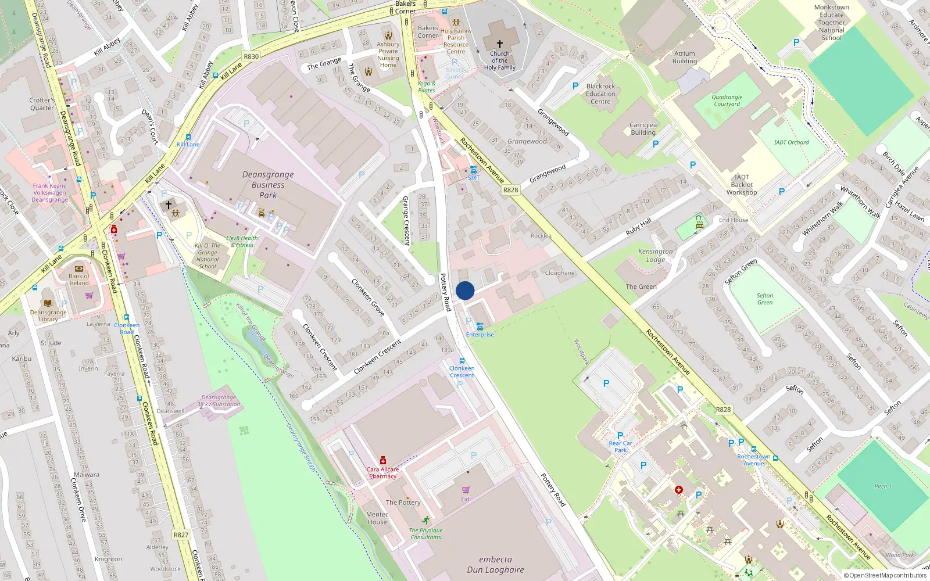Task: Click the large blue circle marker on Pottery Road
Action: [465, 290]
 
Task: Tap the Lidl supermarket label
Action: [466, 499]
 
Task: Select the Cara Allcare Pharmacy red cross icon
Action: [382, 460]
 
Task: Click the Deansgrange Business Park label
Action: [268, 185]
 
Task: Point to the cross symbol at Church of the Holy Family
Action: [499, 44]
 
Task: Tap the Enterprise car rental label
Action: [480, 335]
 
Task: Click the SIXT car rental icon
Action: [474, 170]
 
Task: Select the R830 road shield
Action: [251, 56]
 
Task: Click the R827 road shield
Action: [181, 535]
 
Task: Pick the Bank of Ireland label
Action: [79, 279]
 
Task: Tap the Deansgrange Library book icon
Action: [48, 303]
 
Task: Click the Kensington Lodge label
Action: [656, 256]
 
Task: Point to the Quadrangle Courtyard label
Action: [727, 101]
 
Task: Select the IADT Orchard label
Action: [791, 142]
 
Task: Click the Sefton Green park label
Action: [765, 299]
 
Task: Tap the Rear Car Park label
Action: [620, 446]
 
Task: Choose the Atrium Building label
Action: [685, 58]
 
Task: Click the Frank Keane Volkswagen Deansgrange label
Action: [49, 193]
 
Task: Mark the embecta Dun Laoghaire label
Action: [495, 564]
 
